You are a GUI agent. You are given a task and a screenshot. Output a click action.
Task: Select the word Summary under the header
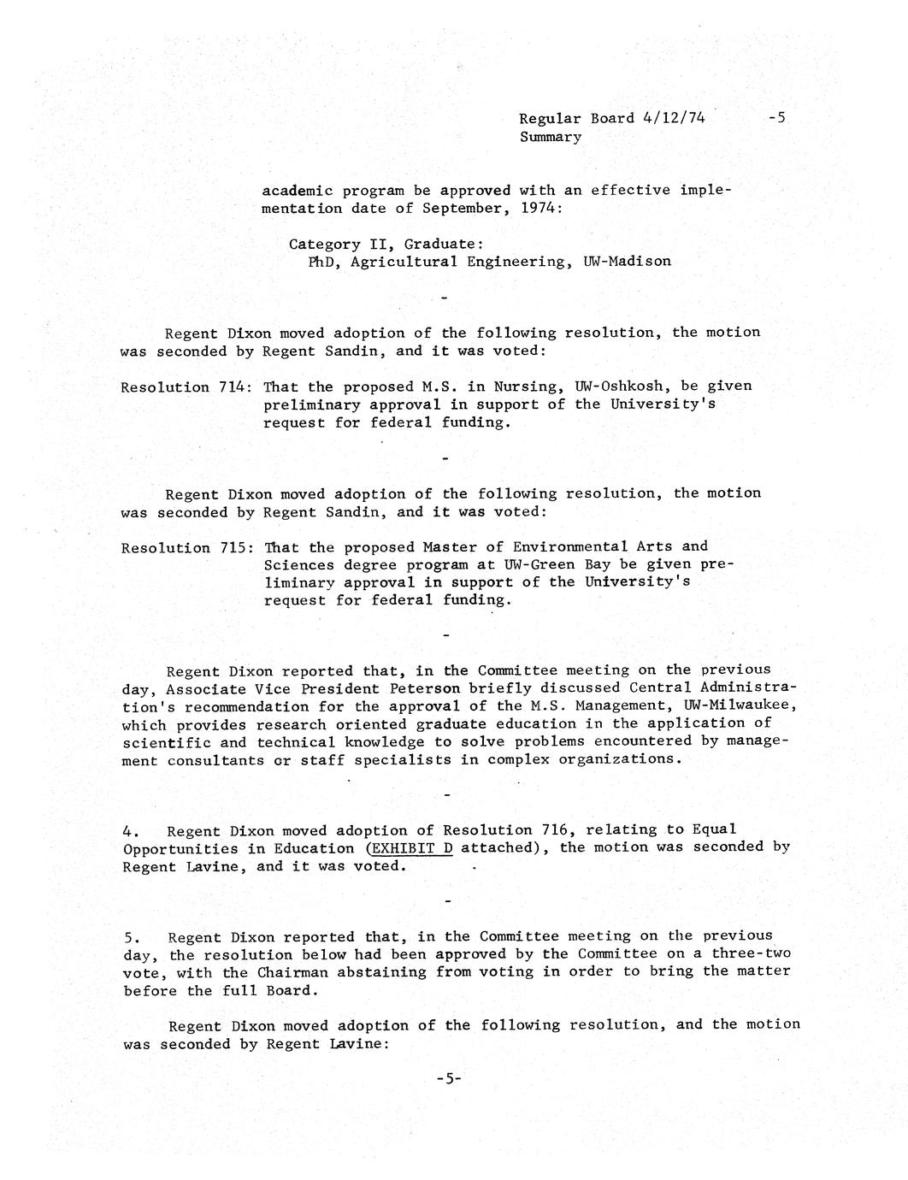tap(550, 137)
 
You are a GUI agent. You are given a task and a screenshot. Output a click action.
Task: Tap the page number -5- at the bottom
tap(448, 1079)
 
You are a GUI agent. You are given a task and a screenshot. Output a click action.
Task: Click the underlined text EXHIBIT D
tap(410, 847)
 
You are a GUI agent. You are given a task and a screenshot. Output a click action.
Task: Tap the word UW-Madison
tap(627, 262)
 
